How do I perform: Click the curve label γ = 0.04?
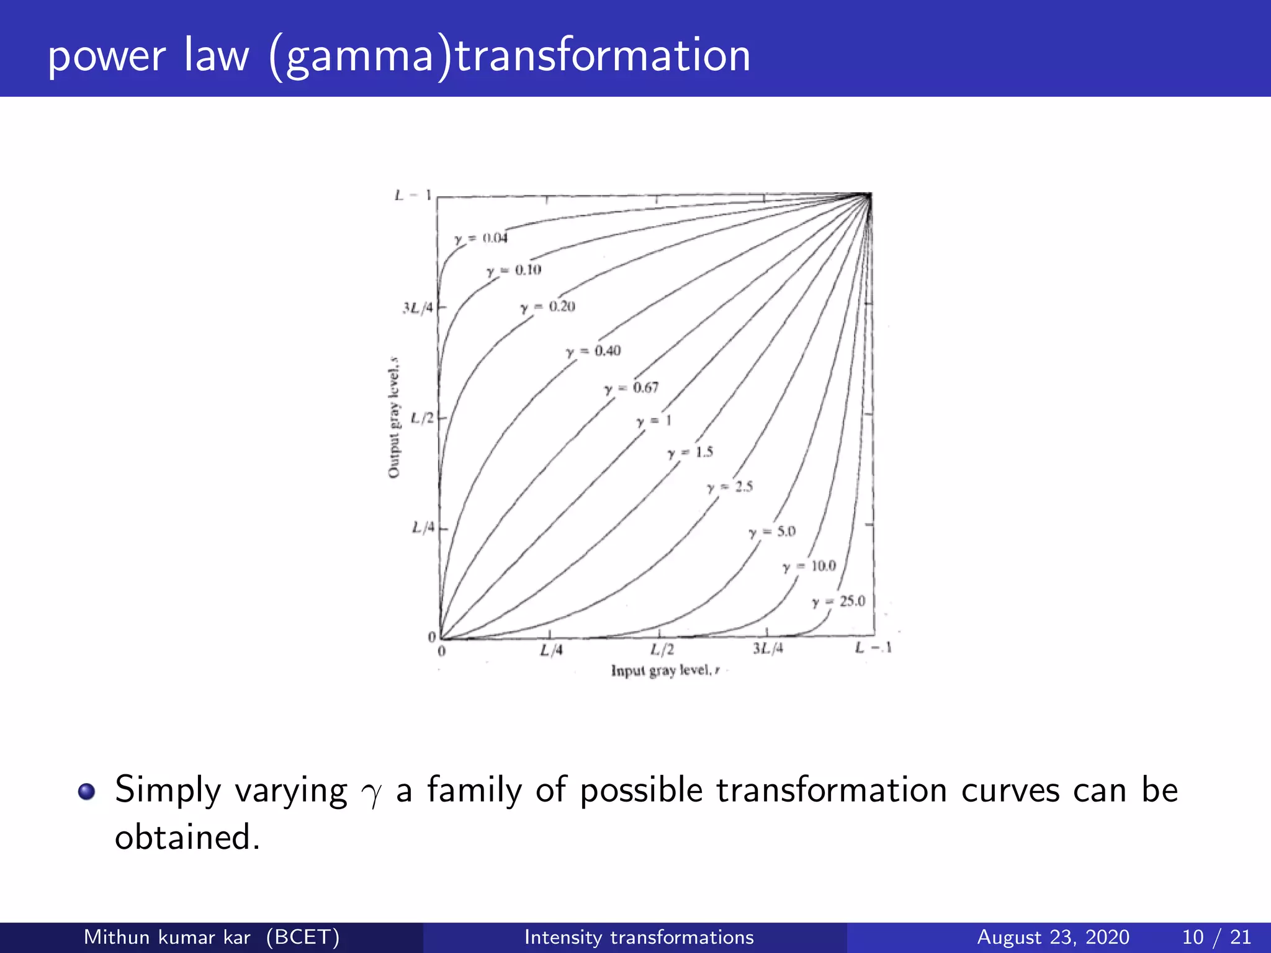(x=481, y=238)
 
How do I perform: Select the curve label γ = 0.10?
(x=514, y=271)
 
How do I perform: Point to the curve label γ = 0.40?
(x=593, y=351)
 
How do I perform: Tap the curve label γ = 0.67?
(x=632, y=388)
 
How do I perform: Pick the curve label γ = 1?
(x=653, y=421)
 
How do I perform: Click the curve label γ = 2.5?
(x=730, y=487)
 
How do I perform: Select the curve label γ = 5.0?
(x=772, y=532)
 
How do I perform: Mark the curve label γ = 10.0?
(x=809, y=566)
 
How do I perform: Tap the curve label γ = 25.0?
(x=838, y=601)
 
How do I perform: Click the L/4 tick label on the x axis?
(x=551, y=650)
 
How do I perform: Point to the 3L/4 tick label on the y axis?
(x=418, y=308)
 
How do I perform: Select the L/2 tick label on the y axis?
(x=422, y=418)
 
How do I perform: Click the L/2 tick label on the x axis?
(x=662, y=650)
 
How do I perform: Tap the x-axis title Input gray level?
(x=665, y=671)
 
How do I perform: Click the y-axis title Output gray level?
(x=393, y=418)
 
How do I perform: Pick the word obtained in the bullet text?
(x=187, y=837)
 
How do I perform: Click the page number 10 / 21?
(x=1216, y=937)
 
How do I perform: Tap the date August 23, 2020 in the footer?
(x=1053, y=937)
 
